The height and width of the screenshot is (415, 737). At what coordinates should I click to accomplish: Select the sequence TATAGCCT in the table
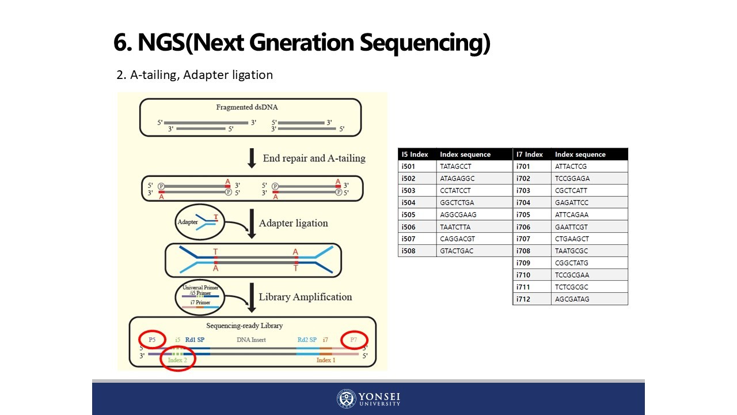[455, 166]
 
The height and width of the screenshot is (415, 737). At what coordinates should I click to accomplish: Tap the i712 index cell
[523, 299]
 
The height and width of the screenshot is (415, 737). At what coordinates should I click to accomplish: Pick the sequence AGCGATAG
[572, 299]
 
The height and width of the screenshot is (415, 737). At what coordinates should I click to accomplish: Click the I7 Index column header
[530, 154]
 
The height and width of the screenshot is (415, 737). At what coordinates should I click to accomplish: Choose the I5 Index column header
[415, 154]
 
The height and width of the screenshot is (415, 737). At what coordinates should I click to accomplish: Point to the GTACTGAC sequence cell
[455, 251]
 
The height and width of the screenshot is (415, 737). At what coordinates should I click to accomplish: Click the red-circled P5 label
[152, 339]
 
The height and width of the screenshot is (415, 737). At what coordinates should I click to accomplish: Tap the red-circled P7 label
[354, 340]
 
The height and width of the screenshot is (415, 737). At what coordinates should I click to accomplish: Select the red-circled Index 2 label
[177, 360]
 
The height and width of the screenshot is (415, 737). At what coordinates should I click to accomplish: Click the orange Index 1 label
[326, 360]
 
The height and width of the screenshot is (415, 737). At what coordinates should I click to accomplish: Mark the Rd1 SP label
[195, 340]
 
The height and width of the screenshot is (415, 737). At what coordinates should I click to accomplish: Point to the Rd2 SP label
[307, 340]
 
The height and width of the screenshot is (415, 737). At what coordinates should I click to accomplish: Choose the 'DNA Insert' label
[251, 340]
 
